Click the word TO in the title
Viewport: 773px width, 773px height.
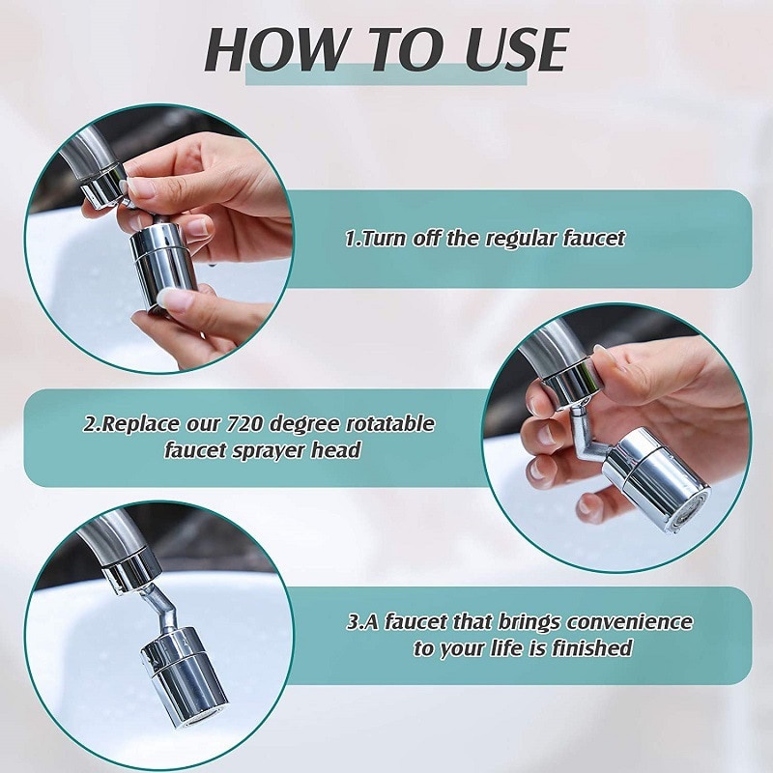click(x=387, y=49)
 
